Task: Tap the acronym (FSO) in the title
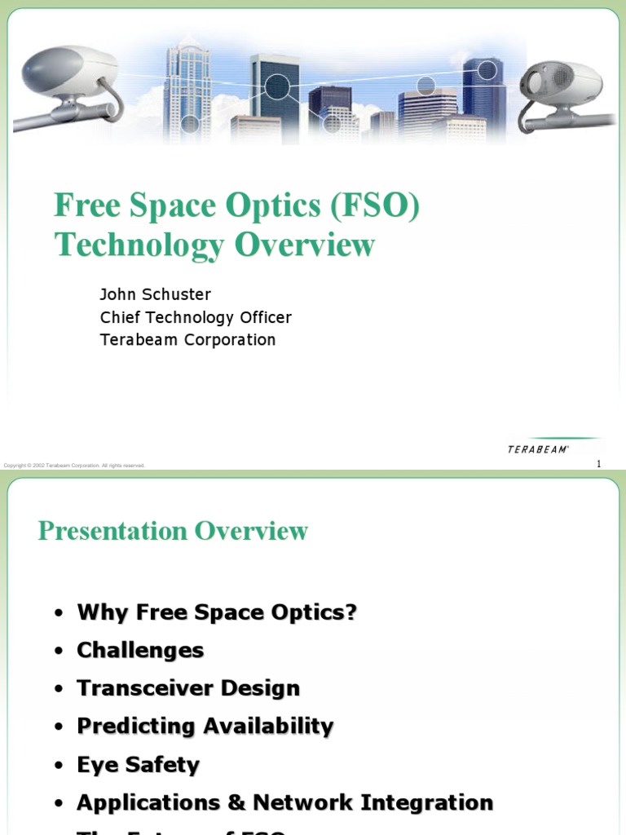click(375, 206)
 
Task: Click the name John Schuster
click(155, 294)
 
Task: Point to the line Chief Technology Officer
click(196, 317)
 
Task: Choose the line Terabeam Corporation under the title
click(187, 339)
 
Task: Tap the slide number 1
click(598, 464)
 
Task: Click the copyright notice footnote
click(74, 466)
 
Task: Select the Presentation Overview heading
click(173, 531)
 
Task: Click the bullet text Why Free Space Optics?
click(217, 612)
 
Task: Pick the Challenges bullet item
click(140, 650)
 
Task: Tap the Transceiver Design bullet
click(188, 688)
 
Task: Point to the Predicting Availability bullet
click(205, 726)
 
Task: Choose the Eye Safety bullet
click(138, 765)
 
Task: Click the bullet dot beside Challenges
click(58, 652)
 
